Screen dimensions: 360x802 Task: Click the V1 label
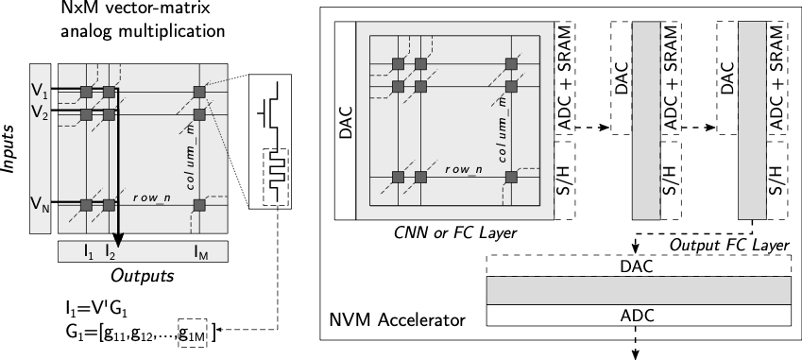(x=39, y=91)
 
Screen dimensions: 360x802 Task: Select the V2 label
(x=39, y=113)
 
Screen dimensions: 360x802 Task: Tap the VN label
(x=39, y=204)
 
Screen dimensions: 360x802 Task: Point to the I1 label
(x=88, y=252)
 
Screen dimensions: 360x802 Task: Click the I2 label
(x=110, y=252)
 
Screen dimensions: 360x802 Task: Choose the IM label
(x=200, y=252)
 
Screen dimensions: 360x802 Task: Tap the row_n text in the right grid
(x=463, y=170)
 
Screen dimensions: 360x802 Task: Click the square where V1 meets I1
(x=86, y=92)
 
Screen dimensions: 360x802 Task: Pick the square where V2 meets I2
(x=109, y=114)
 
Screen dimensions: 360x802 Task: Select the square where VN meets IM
(x=199, y=205)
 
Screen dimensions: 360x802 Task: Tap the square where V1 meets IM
(x=199, y=92)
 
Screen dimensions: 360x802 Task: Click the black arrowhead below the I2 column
(x=118, y=242)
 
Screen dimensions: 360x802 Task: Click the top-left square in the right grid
(x=398, y=63)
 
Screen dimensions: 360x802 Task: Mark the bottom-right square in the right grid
(x=511, y=177)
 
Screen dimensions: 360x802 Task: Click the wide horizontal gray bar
(x=639, y=290)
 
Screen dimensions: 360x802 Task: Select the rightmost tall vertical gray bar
(x=752, y=120)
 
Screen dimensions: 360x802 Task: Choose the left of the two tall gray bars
(x=646, y=120)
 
